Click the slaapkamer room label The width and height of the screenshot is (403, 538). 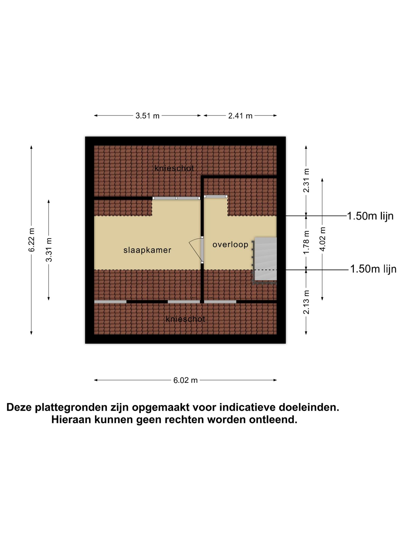[147, 250]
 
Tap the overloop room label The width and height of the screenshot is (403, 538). [230, 245]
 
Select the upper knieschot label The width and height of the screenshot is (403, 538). [174, 168]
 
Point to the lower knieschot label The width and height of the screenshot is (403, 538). [185, 319]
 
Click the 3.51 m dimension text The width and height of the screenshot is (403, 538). [147, 116]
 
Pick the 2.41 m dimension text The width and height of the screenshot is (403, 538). [240, 116]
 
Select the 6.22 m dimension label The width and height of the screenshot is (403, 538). [32, 240]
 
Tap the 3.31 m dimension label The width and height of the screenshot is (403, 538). [49, 250]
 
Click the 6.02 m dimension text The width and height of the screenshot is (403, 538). [186, 380]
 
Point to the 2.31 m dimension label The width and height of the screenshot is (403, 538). [307, 180]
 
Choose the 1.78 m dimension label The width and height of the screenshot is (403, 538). [307, 242]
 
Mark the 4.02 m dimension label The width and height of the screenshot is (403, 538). [323, 239]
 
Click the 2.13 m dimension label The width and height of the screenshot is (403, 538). [307, 302]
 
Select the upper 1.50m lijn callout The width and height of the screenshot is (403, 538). [370, 216]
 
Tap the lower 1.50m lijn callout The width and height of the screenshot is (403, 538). [373, 269]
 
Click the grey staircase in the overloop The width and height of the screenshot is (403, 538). [265, 259]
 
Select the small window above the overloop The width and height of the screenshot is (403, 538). [215, 196]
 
